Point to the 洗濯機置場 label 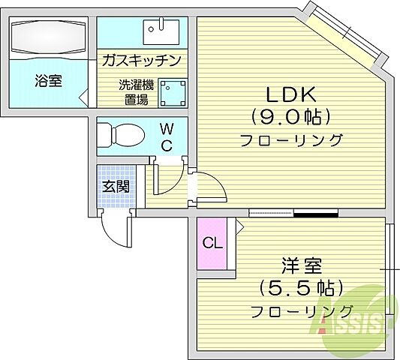(136, 91)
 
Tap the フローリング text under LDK (291, 140)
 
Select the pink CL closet (212, 243)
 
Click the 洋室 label (302, 265)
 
